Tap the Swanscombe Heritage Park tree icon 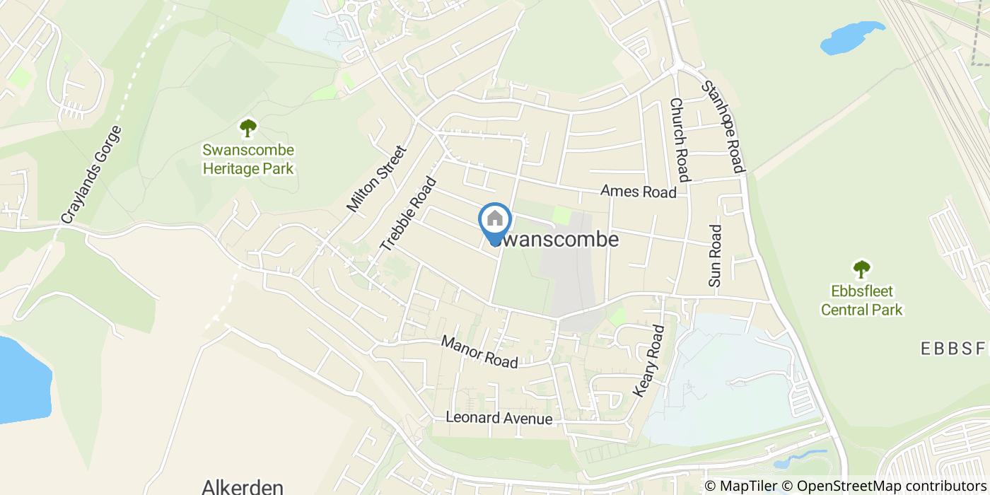click(x=248, y=128)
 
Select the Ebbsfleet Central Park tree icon click(x=861, y=269)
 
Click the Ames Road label click(x=638, y=191)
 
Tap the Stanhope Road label click(x=723, y=127)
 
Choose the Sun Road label click(x=715, y=256)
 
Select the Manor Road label click(x=479, y=351)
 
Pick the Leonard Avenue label click(x=499, y=418)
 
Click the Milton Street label click(x=377, y=179)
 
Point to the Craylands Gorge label click(x=92, y=175)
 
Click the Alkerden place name click(x=243, y=487)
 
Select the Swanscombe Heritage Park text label click(x=248, y=159)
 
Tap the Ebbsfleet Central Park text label click(x=861, y=301)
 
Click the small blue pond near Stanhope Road click(x=851, y=37)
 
